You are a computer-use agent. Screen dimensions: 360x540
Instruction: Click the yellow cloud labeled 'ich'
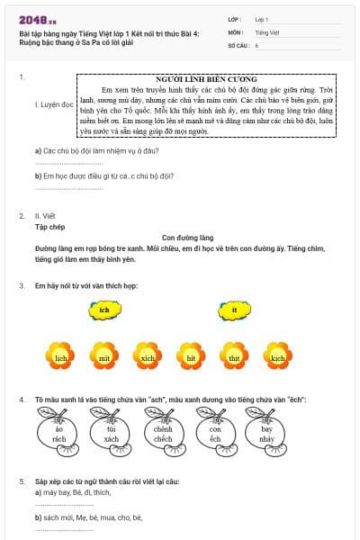click(104, 310)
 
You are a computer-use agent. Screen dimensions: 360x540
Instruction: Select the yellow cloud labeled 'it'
click(234, 310)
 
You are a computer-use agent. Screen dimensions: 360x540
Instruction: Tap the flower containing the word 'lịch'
click(61, 356)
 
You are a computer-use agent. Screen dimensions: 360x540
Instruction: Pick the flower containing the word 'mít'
click(104, 356)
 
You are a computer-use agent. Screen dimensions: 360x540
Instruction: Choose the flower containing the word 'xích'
click(148, 356)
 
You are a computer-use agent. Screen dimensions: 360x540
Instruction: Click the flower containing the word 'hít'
click(191, 356)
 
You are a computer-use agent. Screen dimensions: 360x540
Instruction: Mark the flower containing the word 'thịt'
click(234, 356)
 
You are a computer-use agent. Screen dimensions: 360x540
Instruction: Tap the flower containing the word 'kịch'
click(278, 356)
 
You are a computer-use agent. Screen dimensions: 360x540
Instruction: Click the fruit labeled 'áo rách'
click(59, 434)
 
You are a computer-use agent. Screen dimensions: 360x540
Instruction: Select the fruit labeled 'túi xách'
click(112, 434)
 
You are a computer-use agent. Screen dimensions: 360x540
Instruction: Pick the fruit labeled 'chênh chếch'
click(164, 434)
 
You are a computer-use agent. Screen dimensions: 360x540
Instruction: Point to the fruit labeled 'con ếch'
click(216, 434)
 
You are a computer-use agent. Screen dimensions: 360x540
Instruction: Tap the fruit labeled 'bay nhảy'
click(267, 434)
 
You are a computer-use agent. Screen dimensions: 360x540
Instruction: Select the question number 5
click(22, 481)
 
